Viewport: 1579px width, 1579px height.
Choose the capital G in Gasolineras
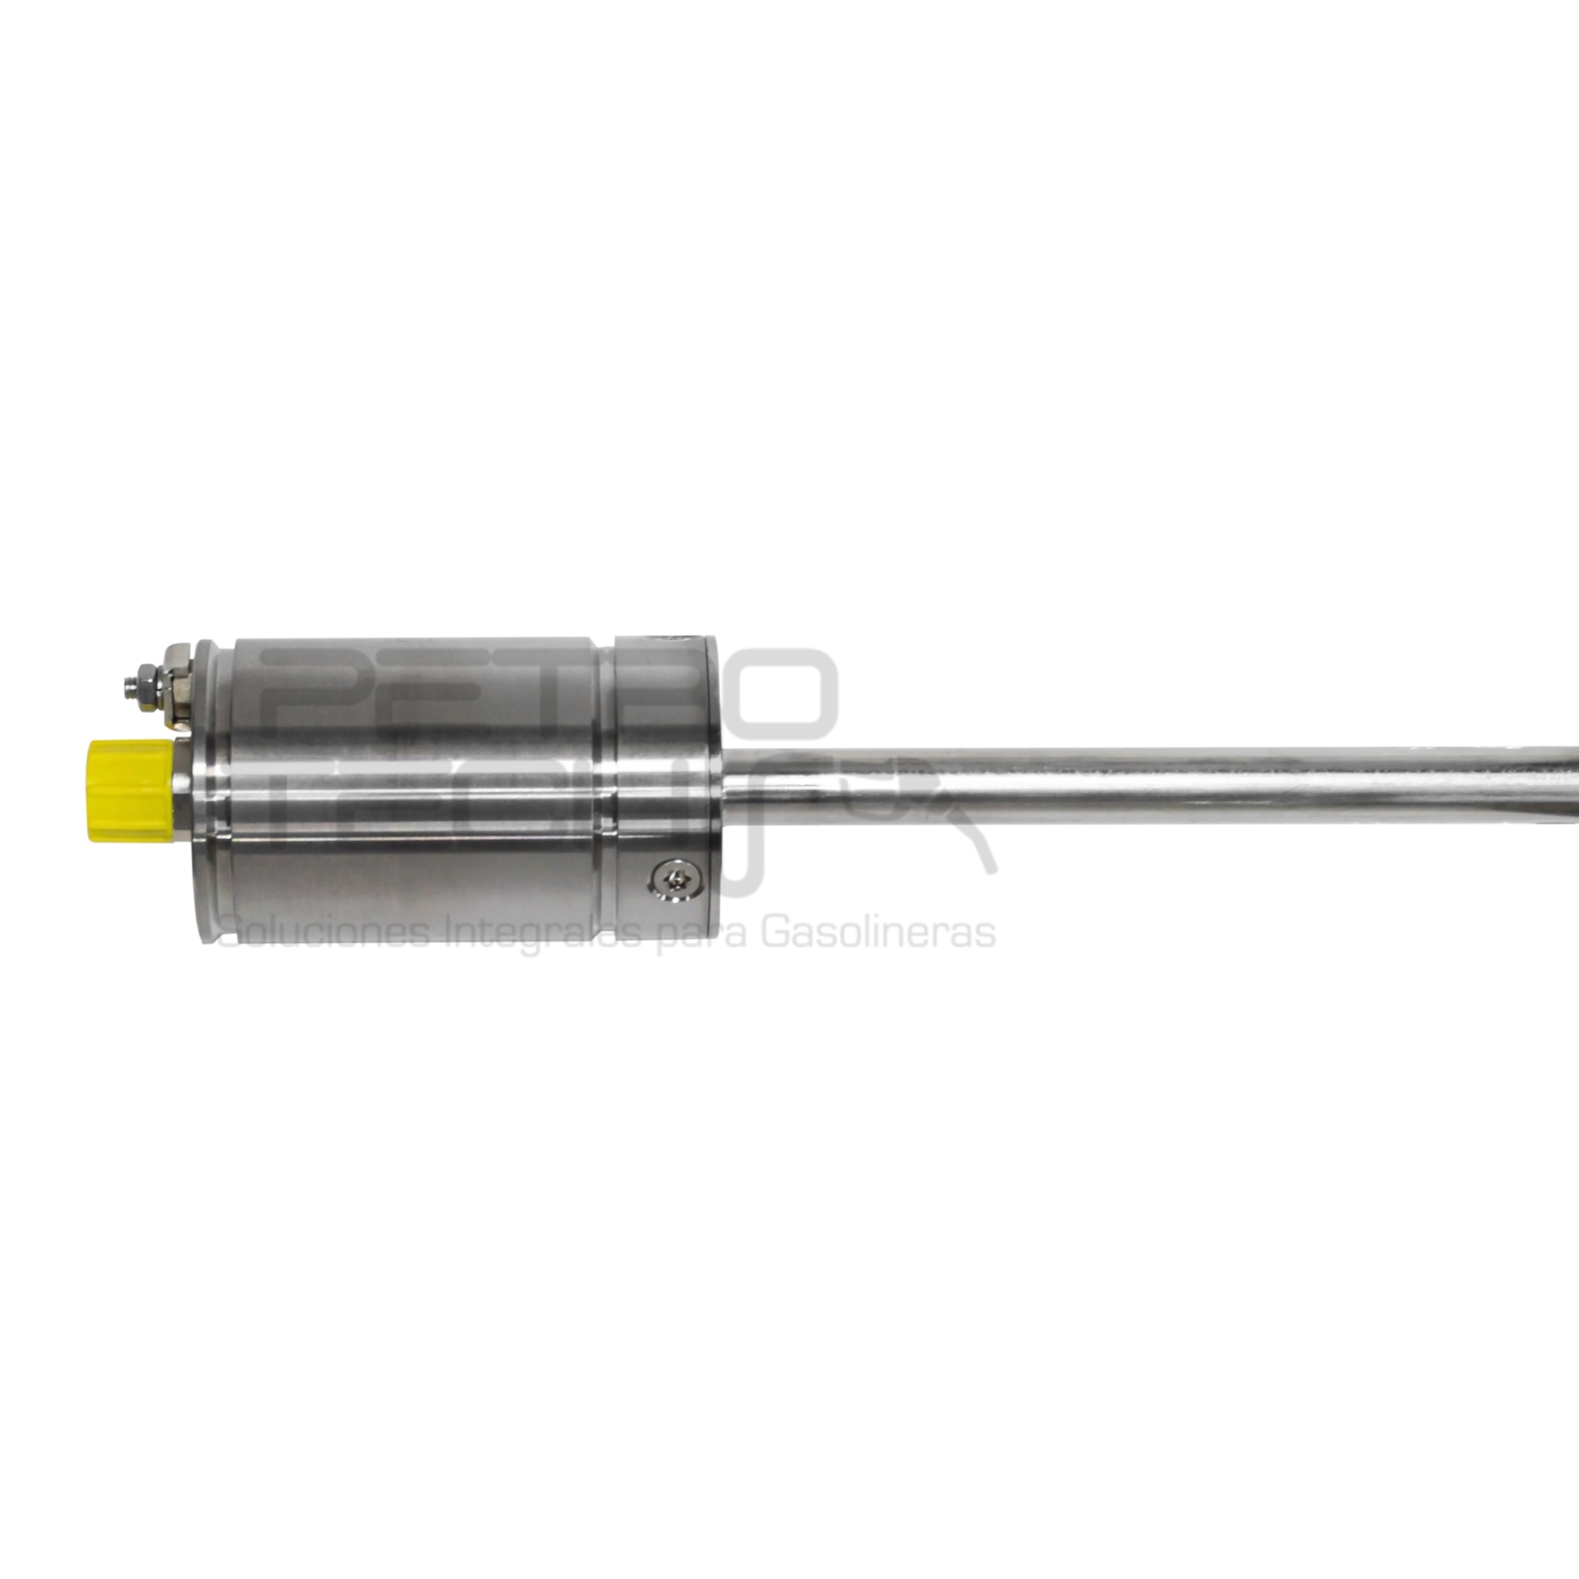click(776, 933)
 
